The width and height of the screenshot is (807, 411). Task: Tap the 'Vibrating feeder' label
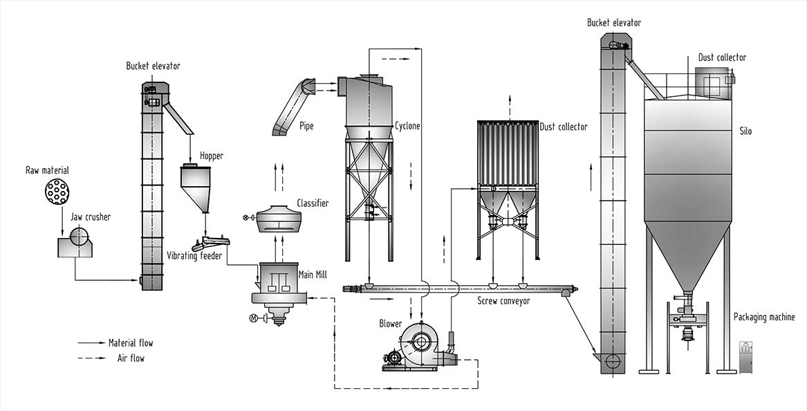194,256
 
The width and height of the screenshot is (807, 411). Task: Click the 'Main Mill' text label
311,274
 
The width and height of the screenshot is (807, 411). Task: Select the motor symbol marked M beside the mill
253,318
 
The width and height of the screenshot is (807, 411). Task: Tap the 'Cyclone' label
407,127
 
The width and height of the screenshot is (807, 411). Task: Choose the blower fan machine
420,346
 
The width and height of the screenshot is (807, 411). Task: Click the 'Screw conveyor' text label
503,301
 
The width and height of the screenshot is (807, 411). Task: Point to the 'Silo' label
744,131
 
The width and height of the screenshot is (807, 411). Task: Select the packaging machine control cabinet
745,357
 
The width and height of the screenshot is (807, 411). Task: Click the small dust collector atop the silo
712,84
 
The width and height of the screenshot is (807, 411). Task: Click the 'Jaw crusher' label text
91,217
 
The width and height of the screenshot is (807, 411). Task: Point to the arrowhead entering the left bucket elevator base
136,280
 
